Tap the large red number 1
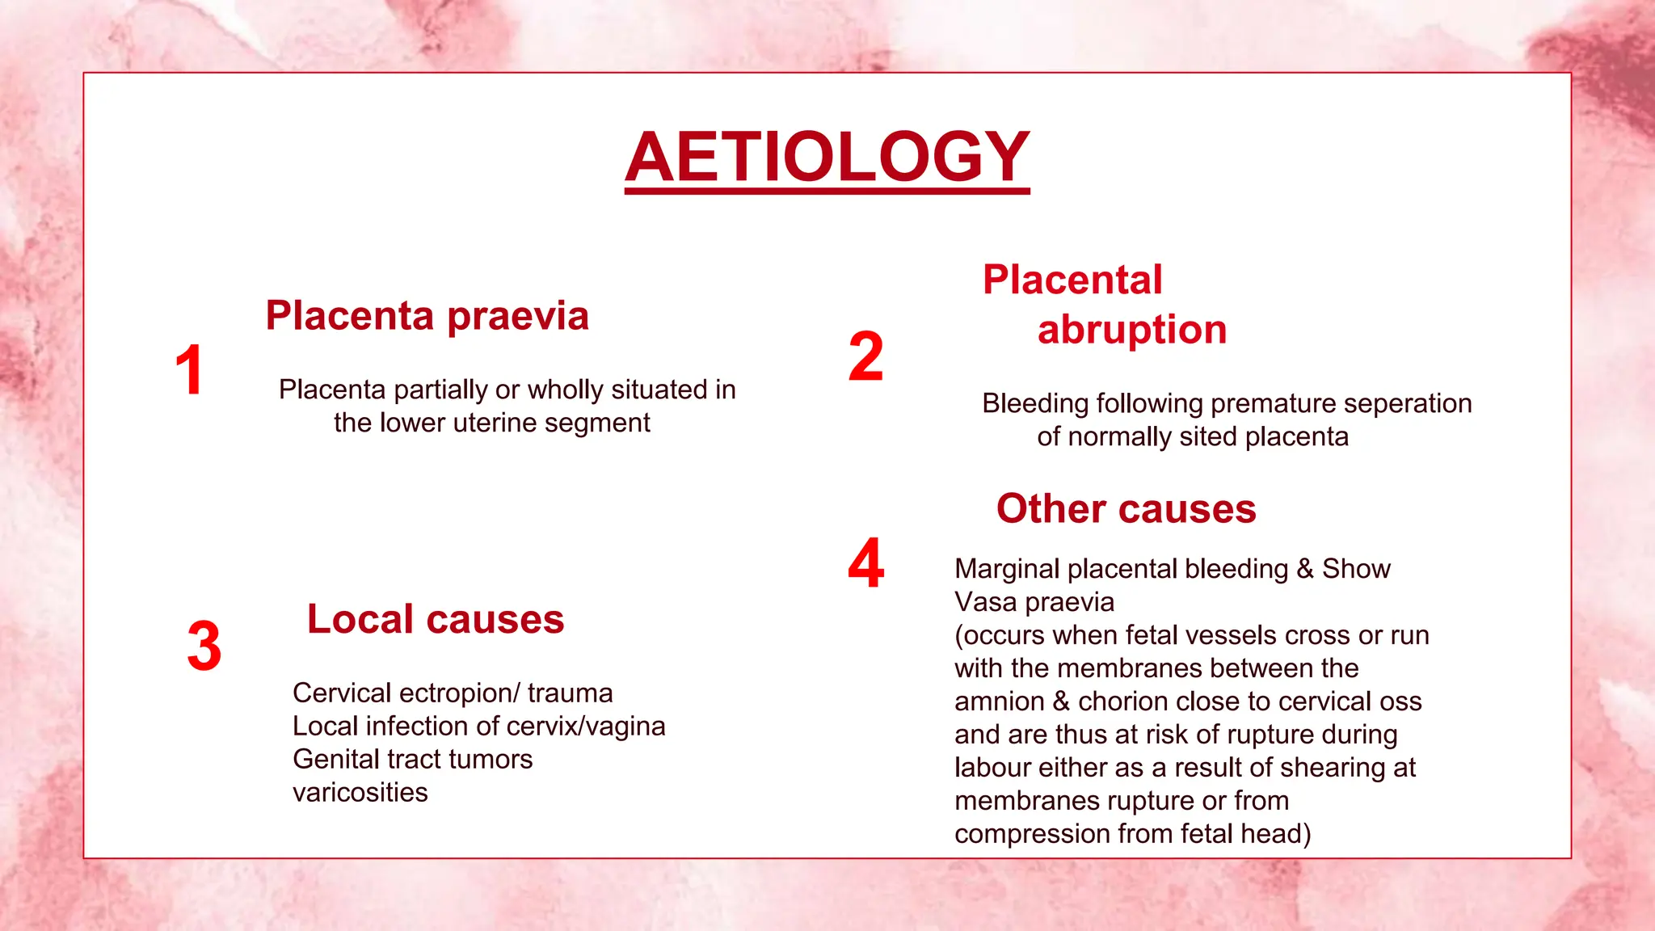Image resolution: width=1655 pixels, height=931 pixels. pos(189,370)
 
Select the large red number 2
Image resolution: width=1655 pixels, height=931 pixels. pos(865,356)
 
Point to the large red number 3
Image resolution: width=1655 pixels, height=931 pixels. pos(204,647)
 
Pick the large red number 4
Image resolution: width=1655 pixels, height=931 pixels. pos(865,563)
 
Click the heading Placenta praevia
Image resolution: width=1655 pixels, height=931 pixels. pos(427,315)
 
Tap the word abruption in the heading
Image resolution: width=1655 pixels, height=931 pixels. pos(1131,330)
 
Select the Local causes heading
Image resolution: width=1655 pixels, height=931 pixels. pos(436,620)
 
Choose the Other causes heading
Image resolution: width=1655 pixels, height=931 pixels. pos(1126,509)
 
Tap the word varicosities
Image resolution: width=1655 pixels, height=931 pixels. pos(360,793)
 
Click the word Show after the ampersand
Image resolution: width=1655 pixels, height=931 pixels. pos(1356,569)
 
